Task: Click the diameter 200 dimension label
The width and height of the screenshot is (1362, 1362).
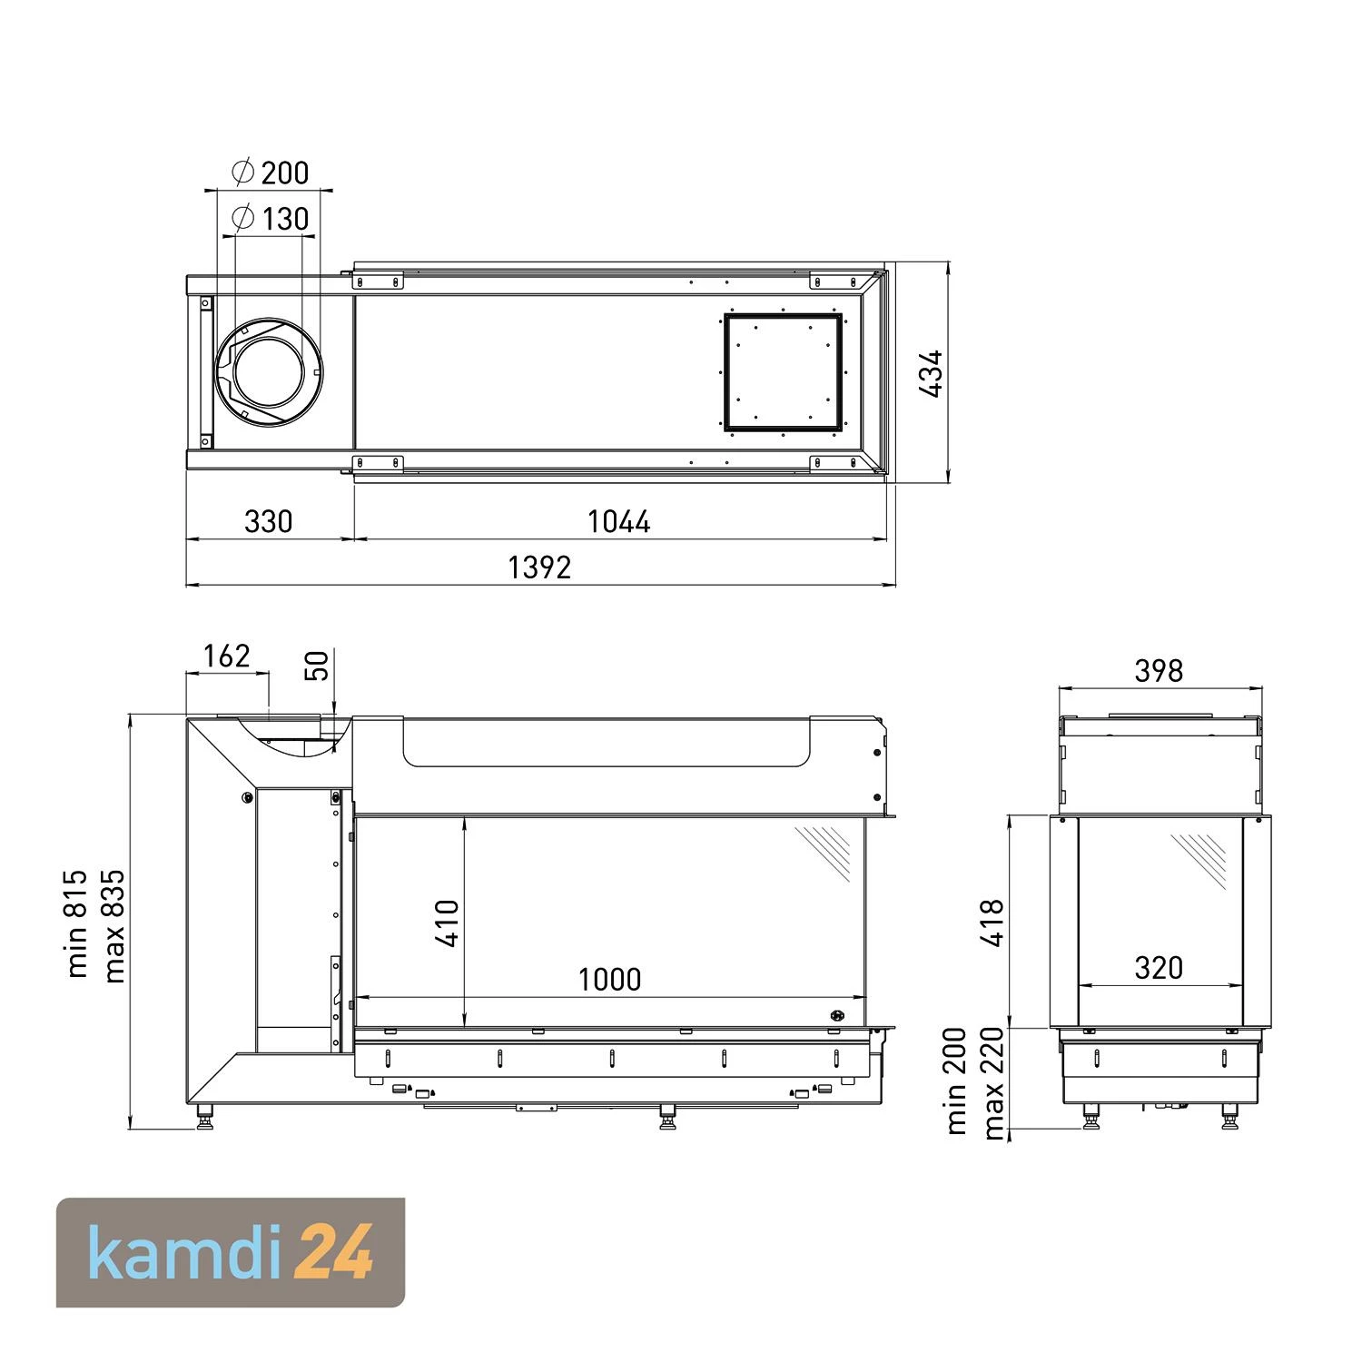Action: (271, 172)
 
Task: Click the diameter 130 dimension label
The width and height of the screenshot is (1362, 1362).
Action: (271, 218)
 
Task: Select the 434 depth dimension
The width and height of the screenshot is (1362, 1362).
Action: (932, 373)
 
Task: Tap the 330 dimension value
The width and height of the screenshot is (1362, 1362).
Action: (269, 521)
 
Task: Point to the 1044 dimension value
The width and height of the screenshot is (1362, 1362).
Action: (619, 521)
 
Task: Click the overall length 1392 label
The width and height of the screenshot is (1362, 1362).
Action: (539, 567)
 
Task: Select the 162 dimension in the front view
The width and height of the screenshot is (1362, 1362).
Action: (226, 656)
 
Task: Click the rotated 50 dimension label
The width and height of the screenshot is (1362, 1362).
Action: (317, 666)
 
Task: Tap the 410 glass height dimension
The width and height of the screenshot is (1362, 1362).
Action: (448, 923)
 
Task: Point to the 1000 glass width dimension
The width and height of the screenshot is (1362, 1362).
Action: (609, 980)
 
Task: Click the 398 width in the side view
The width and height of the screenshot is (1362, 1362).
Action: (1159, 671)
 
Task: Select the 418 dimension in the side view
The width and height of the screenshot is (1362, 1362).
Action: (993, 923)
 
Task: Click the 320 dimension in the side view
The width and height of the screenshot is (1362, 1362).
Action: (1159, 968)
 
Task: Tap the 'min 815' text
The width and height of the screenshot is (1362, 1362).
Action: (78, 923)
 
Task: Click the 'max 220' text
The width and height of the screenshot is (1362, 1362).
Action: (993, 1082)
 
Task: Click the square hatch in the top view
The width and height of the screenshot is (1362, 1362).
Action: (783, 371)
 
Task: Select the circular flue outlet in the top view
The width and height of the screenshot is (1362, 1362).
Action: (270, 372)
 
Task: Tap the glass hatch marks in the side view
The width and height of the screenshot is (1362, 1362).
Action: (1200, 859)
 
